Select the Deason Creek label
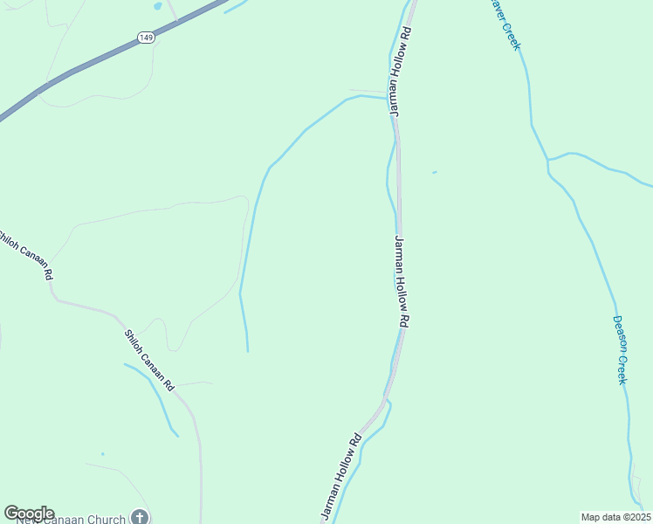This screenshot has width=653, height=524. pos(621,349)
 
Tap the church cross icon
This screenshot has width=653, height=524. pos(140,518)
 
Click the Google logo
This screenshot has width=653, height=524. pos(29,514)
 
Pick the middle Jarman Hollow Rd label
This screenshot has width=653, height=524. pos(402,281)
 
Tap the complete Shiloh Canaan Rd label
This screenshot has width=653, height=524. pos(149,359)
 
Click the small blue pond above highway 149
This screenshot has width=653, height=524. pos(157,5)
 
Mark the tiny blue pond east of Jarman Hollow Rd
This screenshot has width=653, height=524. pos(434,172)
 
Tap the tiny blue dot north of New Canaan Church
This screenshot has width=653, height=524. pos(102,454)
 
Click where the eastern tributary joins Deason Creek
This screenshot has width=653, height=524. pos(548,161)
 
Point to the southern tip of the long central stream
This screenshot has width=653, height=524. pos(248,351)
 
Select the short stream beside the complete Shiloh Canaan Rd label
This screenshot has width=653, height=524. pos(153,397)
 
